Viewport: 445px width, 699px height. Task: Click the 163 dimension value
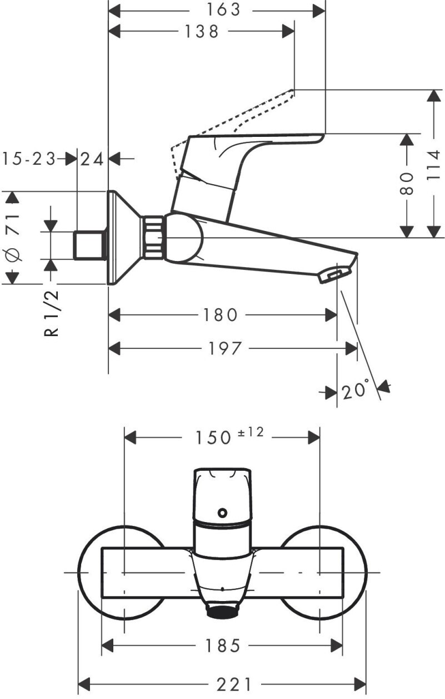(x=224, y=10)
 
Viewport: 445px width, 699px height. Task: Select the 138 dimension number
(x=202, y=32)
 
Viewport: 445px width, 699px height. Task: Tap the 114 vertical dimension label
(x=434, y=165)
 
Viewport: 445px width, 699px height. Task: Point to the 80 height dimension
(x=407, y=183)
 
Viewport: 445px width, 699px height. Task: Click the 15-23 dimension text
(x=29, y=159)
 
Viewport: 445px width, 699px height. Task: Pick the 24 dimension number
(x=92, y=160)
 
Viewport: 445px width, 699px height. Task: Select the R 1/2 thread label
(x=51, y=313)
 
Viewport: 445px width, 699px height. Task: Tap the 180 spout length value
(x=220, y=315)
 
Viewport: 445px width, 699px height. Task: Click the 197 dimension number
(x=225, y=348)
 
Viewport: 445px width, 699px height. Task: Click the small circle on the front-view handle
(x=223, y=512)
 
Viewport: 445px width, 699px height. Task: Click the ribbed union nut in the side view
(x=153, y=237)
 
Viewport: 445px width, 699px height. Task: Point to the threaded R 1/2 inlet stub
(x=89, y=245)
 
